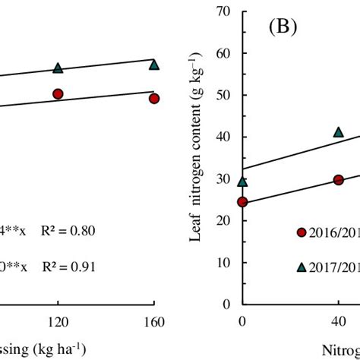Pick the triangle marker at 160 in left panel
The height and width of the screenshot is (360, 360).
tap(154, 65)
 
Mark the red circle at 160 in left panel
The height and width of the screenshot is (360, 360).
tap(154, 99)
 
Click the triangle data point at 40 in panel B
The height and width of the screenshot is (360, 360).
tap(339, 132)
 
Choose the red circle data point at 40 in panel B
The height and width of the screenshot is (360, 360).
tap(339, 180)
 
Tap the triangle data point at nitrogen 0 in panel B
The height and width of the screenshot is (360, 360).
tap(243, 182)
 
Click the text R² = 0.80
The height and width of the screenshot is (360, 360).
tap(69, 230)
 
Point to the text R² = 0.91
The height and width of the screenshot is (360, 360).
tap(69, 267)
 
